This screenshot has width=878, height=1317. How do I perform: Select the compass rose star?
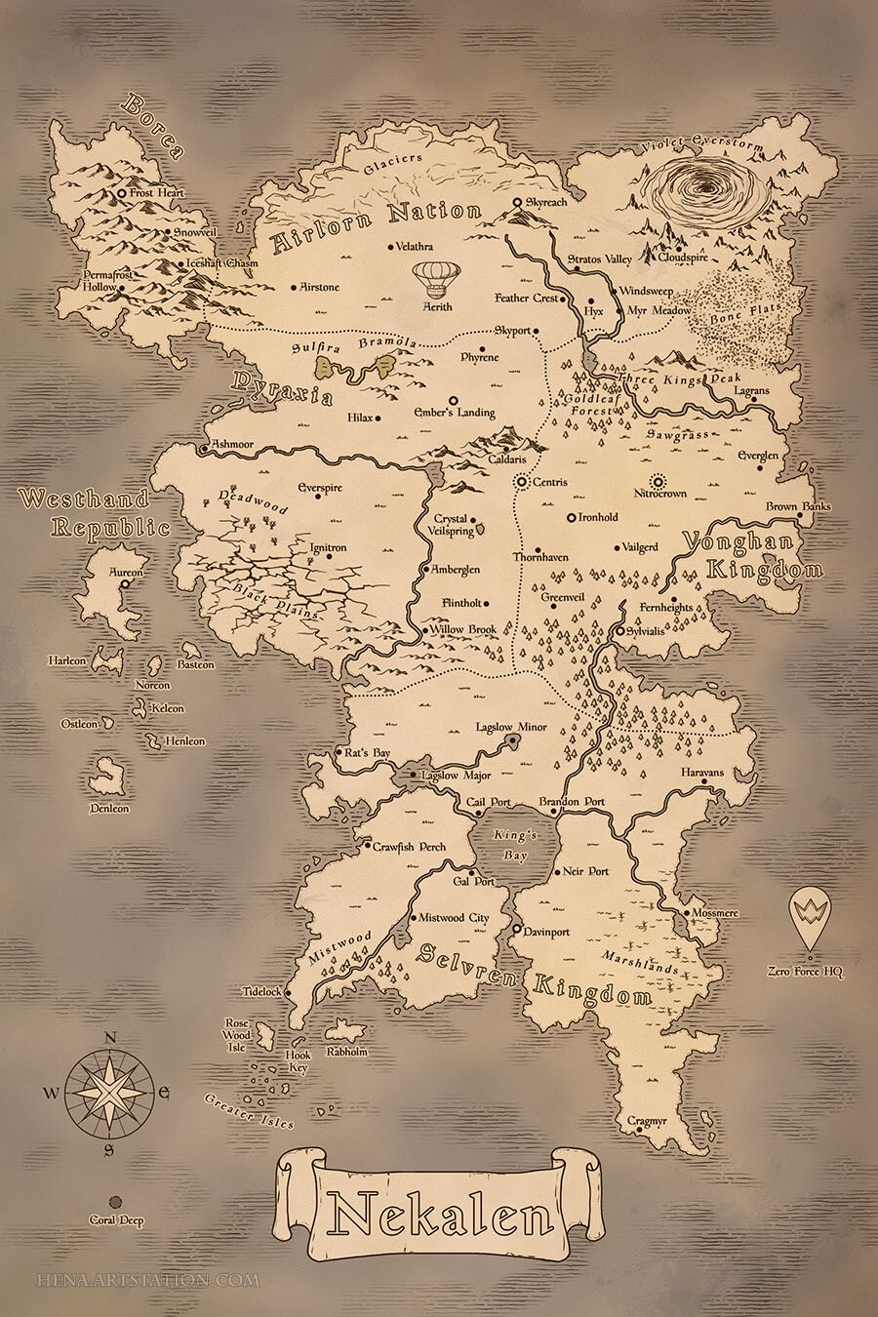111,1091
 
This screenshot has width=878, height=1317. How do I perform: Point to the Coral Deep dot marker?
115,1202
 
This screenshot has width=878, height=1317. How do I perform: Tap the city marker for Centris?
522,481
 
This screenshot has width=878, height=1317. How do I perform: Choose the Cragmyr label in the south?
647,1122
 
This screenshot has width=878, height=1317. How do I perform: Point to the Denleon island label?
109,809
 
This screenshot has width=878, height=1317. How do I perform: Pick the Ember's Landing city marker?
452,400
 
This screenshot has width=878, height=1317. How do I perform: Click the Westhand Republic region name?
95,513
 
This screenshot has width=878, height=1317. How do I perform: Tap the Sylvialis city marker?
619,632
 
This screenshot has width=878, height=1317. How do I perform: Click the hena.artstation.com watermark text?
148,1279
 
